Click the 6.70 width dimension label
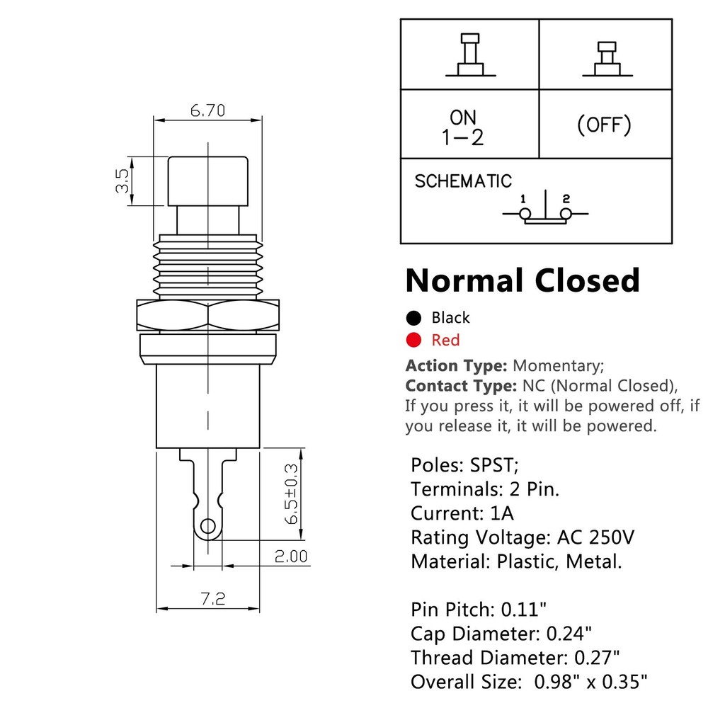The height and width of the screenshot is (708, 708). [207, 110]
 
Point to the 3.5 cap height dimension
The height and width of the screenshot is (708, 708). [122, 181]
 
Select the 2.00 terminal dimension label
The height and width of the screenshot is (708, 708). [292, 556]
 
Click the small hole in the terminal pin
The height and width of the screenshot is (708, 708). [207, 525]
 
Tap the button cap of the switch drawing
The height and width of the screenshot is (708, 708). [208, 181]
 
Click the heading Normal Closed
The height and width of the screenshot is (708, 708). [523, 280]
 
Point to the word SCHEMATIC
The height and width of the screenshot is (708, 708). [463, 181]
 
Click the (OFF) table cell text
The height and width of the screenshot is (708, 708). [604, 125]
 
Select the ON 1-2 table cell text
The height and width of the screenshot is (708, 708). [463, 127]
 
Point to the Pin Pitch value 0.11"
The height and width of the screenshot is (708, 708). [524, 608]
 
